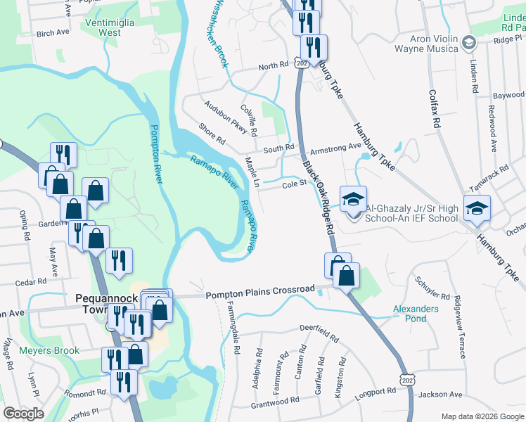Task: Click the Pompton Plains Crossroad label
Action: pos(260,289)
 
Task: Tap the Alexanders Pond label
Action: pos(415,314)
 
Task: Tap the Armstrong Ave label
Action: pos(335,147)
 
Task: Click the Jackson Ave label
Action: pos(440,395)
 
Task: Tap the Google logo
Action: pos(24,414)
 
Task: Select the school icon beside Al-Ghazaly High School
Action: pos(353,199)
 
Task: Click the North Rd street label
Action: pos(274,65)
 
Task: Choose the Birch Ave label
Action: pos(53,32)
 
